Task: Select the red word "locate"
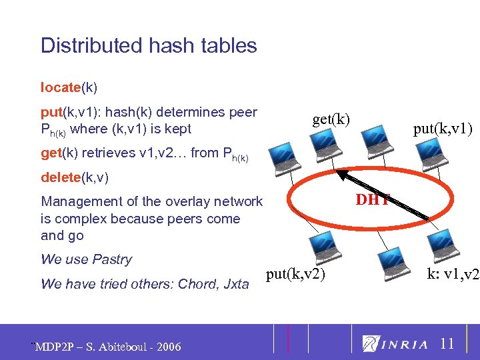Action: (60, 87)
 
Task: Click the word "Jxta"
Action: (236, 285)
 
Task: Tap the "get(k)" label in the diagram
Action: (331, 119)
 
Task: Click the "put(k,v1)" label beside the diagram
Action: (443, 129)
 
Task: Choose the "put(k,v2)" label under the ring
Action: (295, 274)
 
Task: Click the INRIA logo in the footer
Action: (395, 344)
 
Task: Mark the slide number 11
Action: (447, 344)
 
